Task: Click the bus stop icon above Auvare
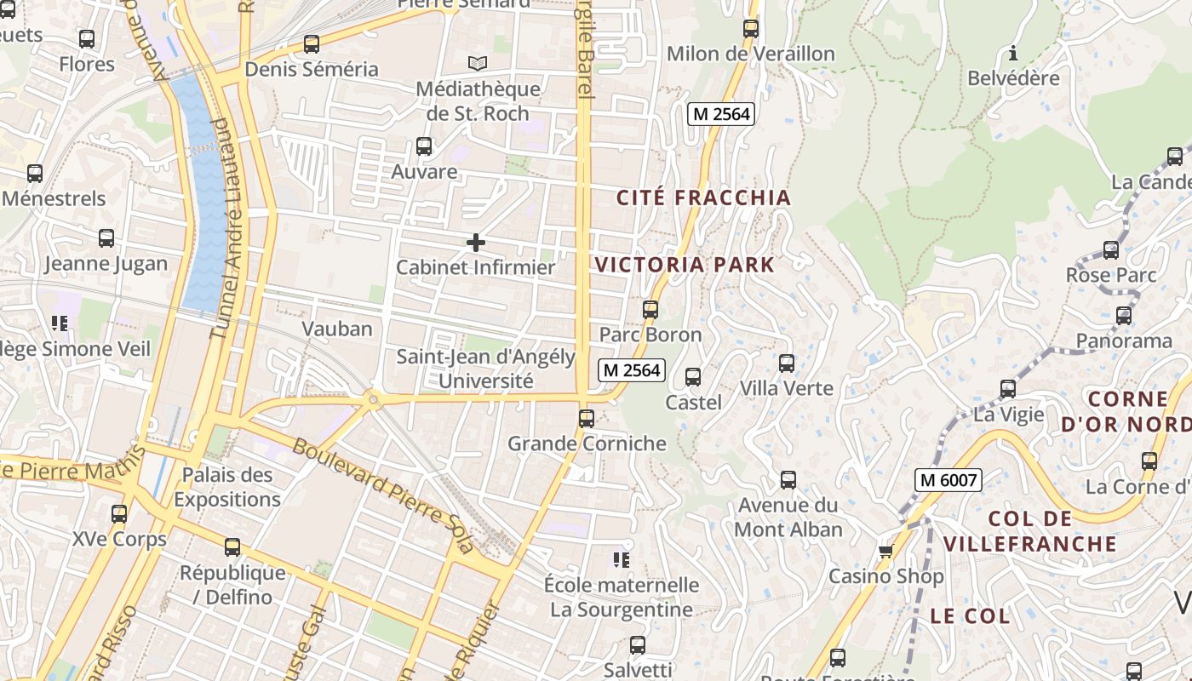pyautogui.click(x=424, y=146)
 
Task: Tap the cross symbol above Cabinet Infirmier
pyautogui.click(x=476, y=243)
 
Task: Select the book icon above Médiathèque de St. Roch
pyautogui.click(x=478, y=64)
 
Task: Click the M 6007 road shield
pyautogui.click(x=948, y=480)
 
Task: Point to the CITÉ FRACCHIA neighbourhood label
pyautogui.click(x=703, y=197)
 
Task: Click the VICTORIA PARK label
pyautogui.click(x=685, y=264)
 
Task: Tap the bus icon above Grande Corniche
pyautogui.click(x=586, y=419)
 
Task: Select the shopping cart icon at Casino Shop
pyautogui.click(x=885, y=552)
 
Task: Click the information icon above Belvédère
pyautogui.click(x=1012, y=54)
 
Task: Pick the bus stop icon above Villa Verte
pyautogui.click(x=787, y=363)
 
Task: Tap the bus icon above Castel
pyautogui.click(x=693, y=377)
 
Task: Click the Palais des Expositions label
pyautogui.click(x=227, y=487)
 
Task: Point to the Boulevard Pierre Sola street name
pyautogui.click(x=382, y=495)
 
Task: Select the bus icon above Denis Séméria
pyautogui.click(x=312, y=44)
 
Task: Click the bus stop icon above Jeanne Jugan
pyautogui.click(x=106, y=238)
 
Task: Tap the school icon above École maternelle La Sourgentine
pyautogui.click(x=622, y=560)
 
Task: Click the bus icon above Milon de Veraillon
pyautogui.click(x=750, y=29)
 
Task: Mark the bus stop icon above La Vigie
pyautogui.click(x=1008, y=389)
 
